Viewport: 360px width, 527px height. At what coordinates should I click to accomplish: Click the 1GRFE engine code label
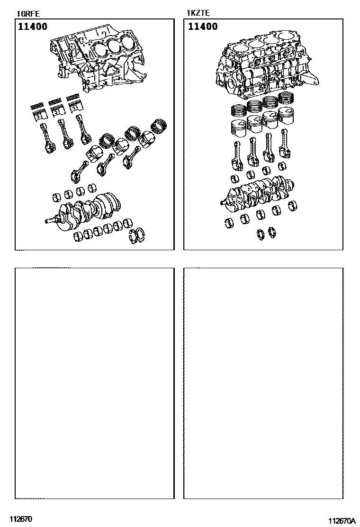(x=28, y=14)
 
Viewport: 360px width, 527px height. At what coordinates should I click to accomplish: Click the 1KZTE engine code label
(x=198, y=13)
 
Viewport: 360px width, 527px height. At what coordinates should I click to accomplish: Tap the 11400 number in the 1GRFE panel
(x=33, y=26)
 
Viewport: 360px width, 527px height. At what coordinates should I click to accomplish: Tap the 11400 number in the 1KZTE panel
(x=203, y=26)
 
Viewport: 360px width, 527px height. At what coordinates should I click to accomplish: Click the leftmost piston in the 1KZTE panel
(x=238, y=128)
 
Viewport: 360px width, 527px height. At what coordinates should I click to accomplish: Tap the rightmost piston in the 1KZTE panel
(x=286, y=116)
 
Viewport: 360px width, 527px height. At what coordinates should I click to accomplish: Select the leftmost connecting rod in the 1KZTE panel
(x=237, y=156)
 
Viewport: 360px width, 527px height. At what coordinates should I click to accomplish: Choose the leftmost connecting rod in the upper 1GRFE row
(x=47, y=138)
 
